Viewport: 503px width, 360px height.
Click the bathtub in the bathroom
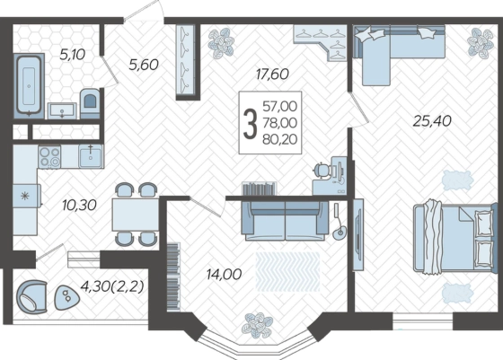click(x=29, y=85)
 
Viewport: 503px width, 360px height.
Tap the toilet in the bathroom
click(x=90, y=103)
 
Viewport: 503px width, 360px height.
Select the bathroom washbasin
click(x=62, y=111)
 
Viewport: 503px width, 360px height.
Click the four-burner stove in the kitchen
click(x=49, y=157)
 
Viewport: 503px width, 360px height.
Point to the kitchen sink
click(x=91, y=156)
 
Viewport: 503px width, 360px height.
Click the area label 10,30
click(x=79, y=206)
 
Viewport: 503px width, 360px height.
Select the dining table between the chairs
click(x=136, y=215)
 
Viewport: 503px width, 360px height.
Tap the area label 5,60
click(x=144, y=65)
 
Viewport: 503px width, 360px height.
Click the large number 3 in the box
click(x=251, y=123)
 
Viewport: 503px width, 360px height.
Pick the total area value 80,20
click(x=279, y=139)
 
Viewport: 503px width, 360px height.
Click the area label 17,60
click(x=272, y=74)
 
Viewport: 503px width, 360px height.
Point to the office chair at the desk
click(x=322, y=170)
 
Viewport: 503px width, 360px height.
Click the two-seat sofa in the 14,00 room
click(x=285, y=221)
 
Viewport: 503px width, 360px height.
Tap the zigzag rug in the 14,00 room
click(x=287, y=271)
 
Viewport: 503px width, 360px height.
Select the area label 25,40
click(x=432, y=121)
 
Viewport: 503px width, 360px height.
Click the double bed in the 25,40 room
click(x=453, y=237)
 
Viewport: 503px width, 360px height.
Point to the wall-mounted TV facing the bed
click(x=358, y=234)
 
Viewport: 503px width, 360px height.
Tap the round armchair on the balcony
click(x=31, y=296)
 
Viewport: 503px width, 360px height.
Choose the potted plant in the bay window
click(x=258, y=325)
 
